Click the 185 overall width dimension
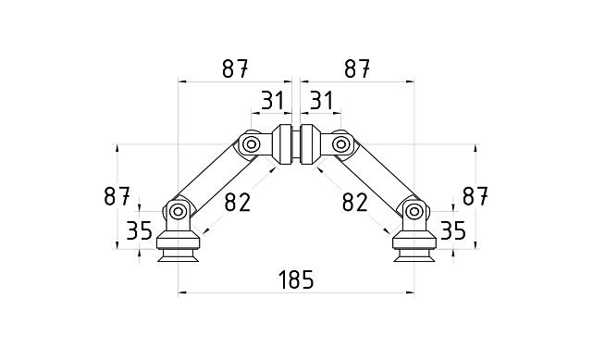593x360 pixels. [x=295, y=279]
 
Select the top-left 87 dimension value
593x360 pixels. [x=234, y=68]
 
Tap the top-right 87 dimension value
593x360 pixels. [x=357, y=68]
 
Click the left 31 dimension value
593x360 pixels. [x=271, y=100]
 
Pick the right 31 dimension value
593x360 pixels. [x=321, y=100]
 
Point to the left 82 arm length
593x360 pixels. [x=237, y=201]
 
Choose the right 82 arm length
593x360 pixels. [x=354, y=201]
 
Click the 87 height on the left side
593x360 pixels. [x=117, y=196]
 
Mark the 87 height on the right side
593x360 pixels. [x=475, y=196]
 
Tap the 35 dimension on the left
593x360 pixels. [x=139, y=230]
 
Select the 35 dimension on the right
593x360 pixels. [x=452, y=230]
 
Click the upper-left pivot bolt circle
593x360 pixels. [x=251, y=144]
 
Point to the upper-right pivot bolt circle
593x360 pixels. [x=340, y=144]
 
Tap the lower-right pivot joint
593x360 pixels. [x=414, y=212]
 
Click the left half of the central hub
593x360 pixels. [x=283, y=144]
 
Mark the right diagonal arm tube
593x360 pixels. [x=378, y=179]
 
